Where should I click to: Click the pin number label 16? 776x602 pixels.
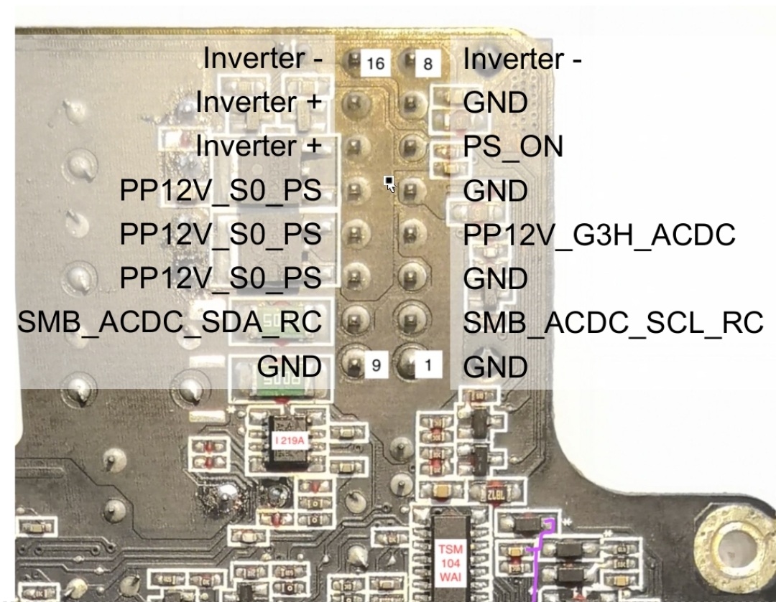[x=376, y=64]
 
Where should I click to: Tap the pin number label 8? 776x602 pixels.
[x=428, y=64]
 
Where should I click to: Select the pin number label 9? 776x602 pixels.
[x=376, y=366]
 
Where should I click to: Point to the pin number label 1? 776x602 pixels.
[x=428, y=366]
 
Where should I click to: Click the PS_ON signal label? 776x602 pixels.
[x=513, y=146]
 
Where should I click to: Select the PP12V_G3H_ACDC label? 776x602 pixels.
[x=599, y=235]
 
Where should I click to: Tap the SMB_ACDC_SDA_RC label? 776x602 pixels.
[x=170, y=323]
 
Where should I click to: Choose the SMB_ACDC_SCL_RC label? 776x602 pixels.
[x=613, y=323]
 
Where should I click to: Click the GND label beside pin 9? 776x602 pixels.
[x=290, y=367]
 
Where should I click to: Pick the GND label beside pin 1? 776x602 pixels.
[x=496, y=367]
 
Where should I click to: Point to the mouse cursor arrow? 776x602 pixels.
[x=389, y=184]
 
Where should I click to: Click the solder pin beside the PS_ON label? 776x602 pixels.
[x=410, y=146]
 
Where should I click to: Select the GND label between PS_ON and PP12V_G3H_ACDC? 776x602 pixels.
[x=496, y=191]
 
